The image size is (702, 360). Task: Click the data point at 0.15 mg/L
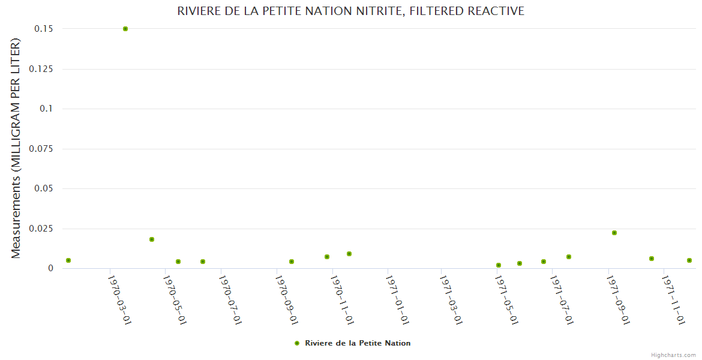(x=125, y=29)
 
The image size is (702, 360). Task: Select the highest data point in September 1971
(x=614, y=233)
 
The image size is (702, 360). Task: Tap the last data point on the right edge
(x=689, y=260)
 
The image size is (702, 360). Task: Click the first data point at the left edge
(x=68, y=260)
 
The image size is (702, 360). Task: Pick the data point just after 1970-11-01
(x=349, y=254)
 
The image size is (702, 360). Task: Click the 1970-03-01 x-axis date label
(x=119, y=299)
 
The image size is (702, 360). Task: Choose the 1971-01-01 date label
(x=397, y=299)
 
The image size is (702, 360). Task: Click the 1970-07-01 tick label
(x=230, y=299)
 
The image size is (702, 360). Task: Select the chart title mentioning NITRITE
(x=351, y=11)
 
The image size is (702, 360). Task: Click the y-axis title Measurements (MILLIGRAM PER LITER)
(x=16, y=148)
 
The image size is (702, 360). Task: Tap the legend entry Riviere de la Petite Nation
(x=358, y=343)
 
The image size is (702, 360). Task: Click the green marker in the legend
(x=297, y=343)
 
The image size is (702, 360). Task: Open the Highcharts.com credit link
(x=673, y=355)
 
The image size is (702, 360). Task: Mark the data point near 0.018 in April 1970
(x=152, y=239)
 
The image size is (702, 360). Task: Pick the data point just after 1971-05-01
(x=520, y=263)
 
